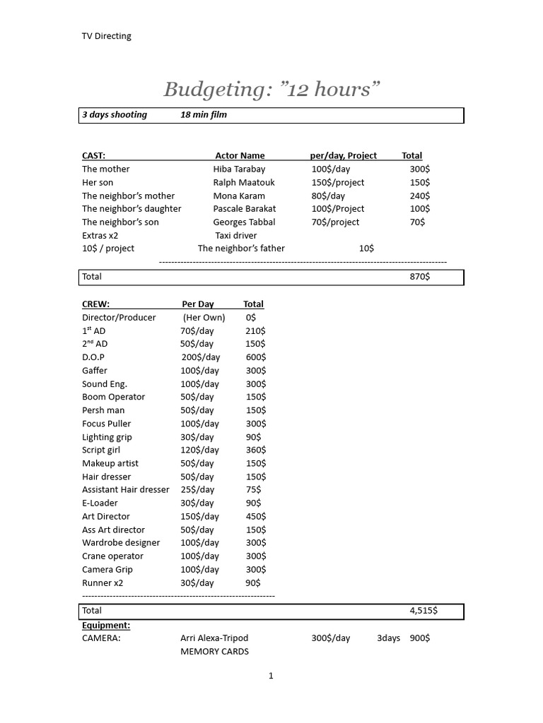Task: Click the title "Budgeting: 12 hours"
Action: (271, 90)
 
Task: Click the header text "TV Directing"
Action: (106, 36)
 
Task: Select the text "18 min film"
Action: (204, 114)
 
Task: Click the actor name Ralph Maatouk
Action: (244, 182)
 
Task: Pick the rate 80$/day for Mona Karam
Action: (328, 196)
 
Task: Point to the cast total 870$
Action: (419, 277)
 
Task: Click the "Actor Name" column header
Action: (240, 155)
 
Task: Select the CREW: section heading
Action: (95, 304)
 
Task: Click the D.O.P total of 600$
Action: (255, 357)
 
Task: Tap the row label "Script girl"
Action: (101, 450)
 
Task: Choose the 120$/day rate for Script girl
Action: (199, 450)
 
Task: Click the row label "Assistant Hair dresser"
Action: (125, 489)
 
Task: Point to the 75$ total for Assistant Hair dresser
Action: (253, 489)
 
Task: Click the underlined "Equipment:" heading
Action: (106, 625)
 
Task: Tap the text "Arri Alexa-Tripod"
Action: (214, 638)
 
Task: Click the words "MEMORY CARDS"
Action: (214, 651)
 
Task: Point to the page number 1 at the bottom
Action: (271, 676)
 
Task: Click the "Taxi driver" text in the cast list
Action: (236, 235)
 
